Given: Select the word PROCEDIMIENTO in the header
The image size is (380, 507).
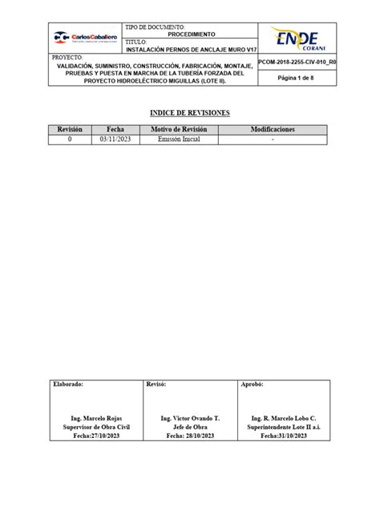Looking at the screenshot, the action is (191, 35).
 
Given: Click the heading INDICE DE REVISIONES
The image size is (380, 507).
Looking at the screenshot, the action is (190, 113).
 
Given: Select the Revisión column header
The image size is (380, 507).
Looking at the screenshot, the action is (70, 129).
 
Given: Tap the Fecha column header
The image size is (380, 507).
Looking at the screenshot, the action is (115, 129).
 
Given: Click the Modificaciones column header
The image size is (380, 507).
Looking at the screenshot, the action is (273, 129).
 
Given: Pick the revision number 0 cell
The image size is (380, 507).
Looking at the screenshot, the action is (70, 140).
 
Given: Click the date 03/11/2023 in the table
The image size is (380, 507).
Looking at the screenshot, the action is (115, 140).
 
